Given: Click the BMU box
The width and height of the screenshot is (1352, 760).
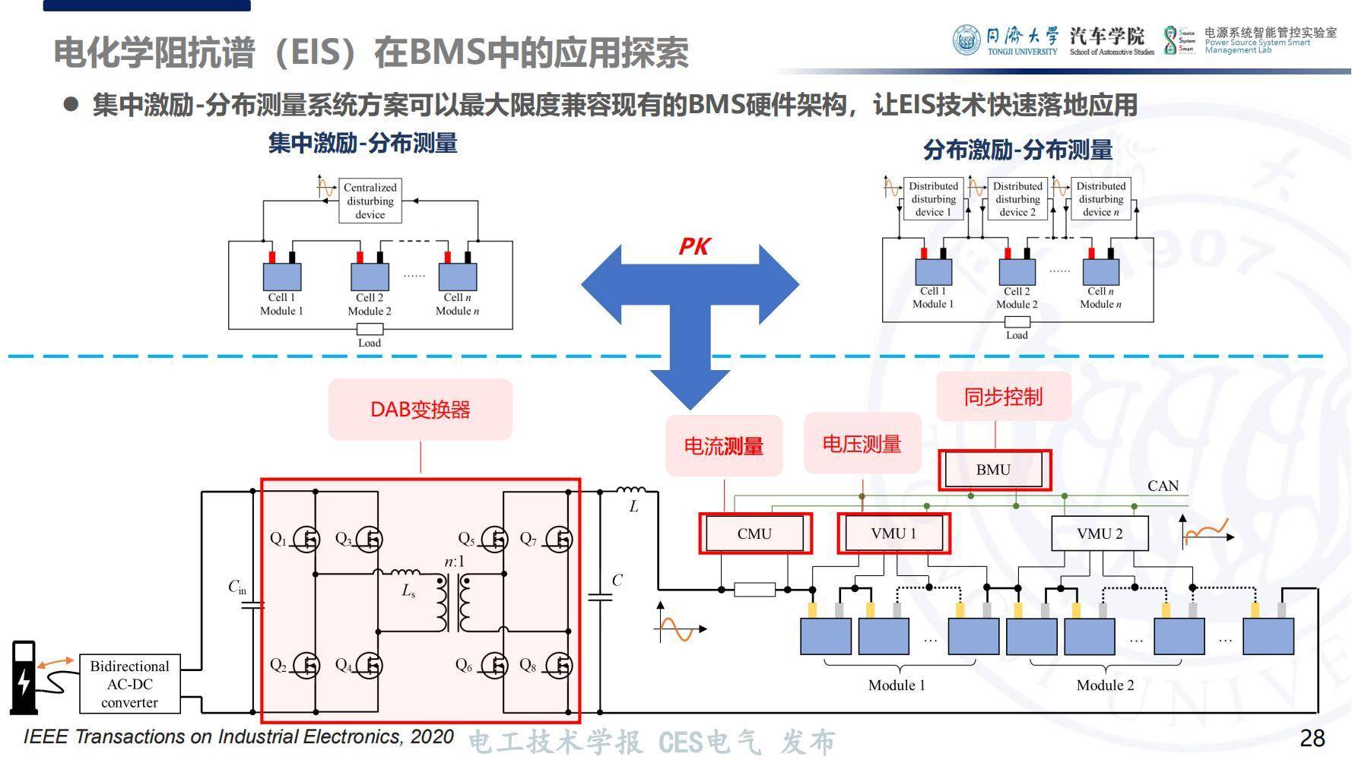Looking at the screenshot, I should pyautogui.click(x=994, y=470).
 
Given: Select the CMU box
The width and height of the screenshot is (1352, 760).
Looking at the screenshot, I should pyautogui.click(x=754, y=534).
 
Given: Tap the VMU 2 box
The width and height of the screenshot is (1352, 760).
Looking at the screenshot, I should pyautogui.click(x=1099, y=534).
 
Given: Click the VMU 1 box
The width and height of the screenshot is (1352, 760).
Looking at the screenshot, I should pyautogui.click(x=893, y=534).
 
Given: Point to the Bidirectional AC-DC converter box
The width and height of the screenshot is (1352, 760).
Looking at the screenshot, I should pyautogui.click(x=130, y=684).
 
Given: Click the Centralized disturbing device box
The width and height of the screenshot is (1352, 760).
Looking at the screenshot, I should pyautogui.click(x=370, y=201).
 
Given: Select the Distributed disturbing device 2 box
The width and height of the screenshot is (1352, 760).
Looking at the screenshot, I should pyautogui.click(x=1017, y=199).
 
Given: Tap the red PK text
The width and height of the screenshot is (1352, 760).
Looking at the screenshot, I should pyautogui.click(x=693, y=246).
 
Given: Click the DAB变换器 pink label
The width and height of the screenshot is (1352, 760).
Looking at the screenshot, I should pyautogui.click(x=421, y=410).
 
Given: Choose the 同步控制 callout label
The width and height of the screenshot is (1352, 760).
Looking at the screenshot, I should pyautogui.click(x=1003, y=397).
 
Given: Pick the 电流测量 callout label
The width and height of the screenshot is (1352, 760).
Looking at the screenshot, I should pyautogui.click(x=723, y=446).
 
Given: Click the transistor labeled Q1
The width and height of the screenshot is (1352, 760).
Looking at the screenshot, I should pyautogui.click(x=306, y=540).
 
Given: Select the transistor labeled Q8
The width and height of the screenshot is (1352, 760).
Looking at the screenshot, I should pyautogui.click(x=559, y=666).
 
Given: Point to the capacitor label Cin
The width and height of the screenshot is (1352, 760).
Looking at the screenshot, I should pyautogui.click(x=237, y=587).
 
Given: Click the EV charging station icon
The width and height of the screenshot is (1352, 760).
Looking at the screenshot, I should pyautogui.click(x=24, y=676).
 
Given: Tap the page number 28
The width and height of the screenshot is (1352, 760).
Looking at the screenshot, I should pyautogui.click(x=1312, y=738).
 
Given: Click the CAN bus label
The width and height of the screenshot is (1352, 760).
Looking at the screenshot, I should pyautogui.click(x=1163, y=486).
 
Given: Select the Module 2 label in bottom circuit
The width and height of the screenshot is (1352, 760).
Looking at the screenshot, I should pyautogui.click(x=1105, y=686).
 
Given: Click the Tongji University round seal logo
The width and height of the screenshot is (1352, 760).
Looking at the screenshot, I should pyautogui.click(x=966, y=40).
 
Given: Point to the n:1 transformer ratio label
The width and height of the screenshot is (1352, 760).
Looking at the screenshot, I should pyautogui.click(x=454, y=562).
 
